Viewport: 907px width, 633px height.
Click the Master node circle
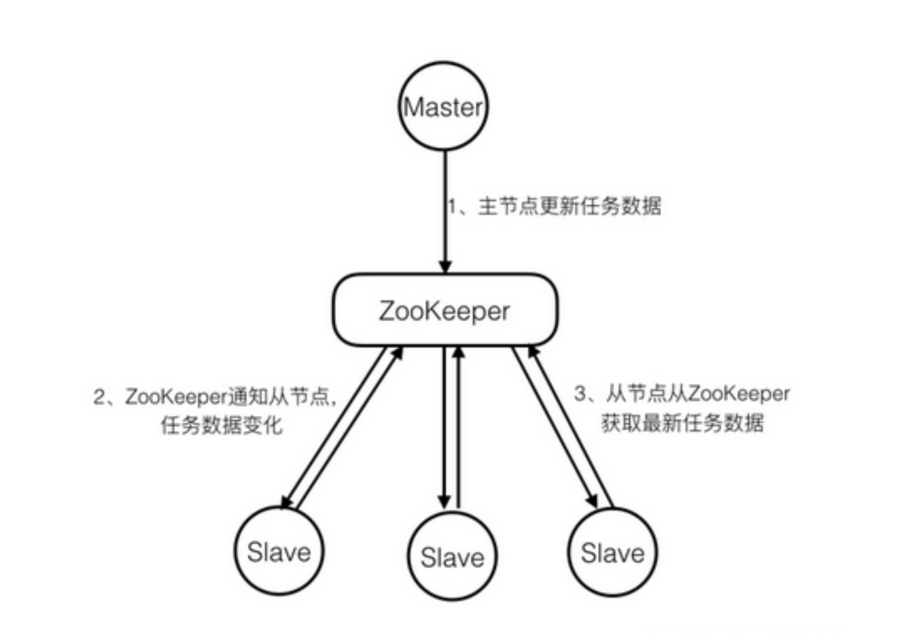click(443, 106)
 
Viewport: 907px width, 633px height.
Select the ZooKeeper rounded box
click(445, 310)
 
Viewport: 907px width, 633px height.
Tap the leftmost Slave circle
click(279, 551)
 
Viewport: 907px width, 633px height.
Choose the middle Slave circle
click(452, 557)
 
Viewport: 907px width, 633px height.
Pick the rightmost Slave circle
click(612, 552)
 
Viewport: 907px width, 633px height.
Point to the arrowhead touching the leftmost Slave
click(287, 501)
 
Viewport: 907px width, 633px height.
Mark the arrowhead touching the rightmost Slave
click(592, 500)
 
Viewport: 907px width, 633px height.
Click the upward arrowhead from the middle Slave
click(458, 353)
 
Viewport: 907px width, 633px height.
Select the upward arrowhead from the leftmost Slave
click(397, 354)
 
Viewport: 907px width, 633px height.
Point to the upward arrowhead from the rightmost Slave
click(533, 352)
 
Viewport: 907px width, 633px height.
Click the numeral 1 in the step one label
click(452, 206)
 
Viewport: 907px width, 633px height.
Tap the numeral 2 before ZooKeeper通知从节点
click(99, 396)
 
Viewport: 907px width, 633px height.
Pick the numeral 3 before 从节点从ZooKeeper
click(580, 393)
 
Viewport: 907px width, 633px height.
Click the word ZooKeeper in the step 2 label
click(177, 396)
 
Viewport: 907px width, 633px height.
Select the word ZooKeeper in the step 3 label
click(738, 393)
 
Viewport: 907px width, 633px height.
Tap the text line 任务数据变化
click(221, 425)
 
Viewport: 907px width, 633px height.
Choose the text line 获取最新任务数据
click(682, 423)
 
